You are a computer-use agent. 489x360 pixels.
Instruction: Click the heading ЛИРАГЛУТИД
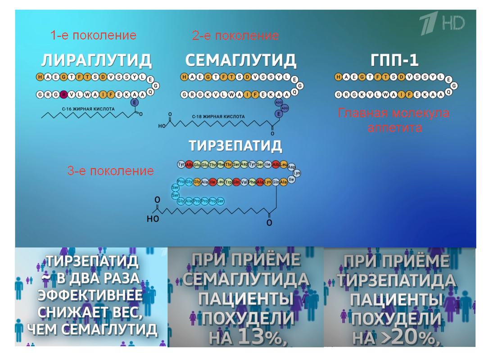(96, 61)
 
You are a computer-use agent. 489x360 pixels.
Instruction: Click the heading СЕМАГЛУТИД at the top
(240, 61)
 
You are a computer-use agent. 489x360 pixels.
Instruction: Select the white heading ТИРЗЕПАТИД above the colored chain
(235, 146)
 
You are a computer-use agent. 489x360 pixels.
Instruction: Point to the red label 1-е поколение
(93, 36)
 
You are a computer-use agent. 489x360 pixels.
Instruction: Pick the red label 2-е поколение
(235, 36)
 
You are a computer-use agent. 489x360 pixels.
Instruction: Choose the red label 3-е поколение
(110, 171)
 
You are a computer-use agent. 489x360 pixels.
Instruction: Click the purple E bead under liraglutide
(134, 103)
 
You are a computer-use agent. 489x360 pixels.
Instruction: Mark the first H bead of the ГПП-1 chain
(338, 77)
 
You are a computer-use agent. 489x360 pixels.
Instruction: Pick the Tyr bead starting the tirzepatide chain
(181, 165)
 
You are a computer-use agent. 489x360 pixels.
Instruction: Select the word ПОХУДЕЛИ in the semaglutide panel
(247, 319)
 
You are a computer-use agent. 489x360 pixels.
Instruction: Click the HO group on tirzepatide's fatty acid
(153, 219)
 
